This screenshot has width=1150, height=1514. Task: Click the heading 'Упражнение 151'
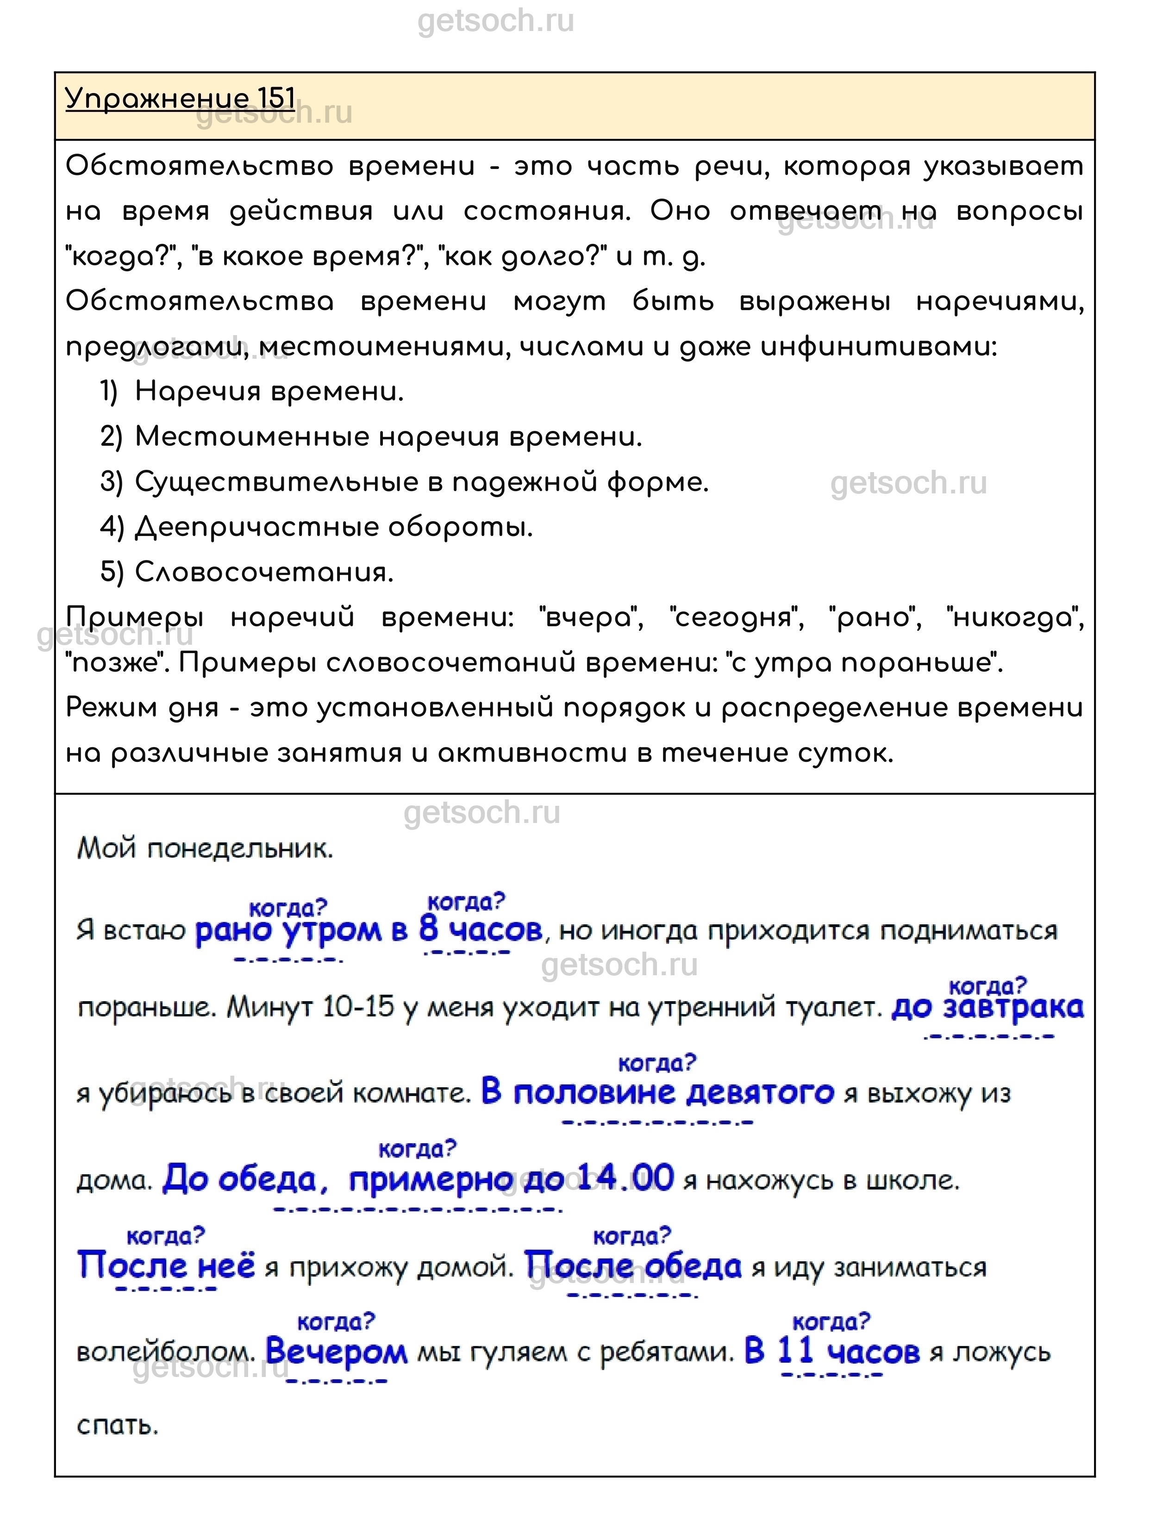coord(180,99)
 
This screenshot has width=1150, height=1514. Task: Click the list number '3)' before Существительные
coord(112,482)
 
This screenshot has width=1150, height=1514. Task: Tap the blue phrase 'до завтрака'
coord(987,1008)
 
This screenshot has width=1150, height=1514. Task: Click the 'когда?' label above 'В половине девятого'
coord(656,1063)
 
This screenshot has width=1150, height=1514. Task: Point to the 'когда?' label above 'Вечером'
coord(336,1321)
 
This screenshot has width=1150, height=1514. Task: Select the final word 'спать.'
coord(117,1426)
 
